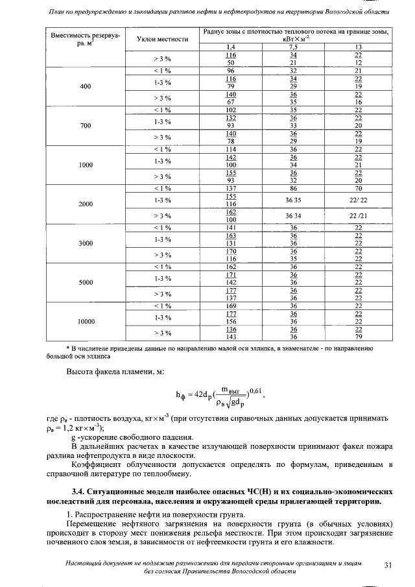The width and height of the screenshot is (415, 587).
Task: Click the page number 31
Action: tap(388, 565)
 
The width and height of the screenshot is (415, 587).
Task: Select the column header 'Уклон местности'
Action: tap(163, 39)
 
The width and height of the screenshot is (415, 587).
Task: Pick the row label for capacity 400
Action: tap(86, 86)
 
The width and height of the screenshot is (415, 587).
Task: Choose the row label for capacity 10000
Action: tap(86, 321)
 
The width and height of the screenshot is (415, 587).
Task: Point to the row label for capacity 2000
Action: tap(86, 204)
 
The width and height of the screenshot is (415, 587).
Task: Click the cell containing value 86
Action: tap(293, 187)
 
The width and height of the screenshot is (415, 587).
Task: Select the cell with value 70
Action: tap(357, 187)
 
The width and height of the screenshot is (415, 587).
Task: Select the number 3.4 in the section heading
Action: tap(79, 484)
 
